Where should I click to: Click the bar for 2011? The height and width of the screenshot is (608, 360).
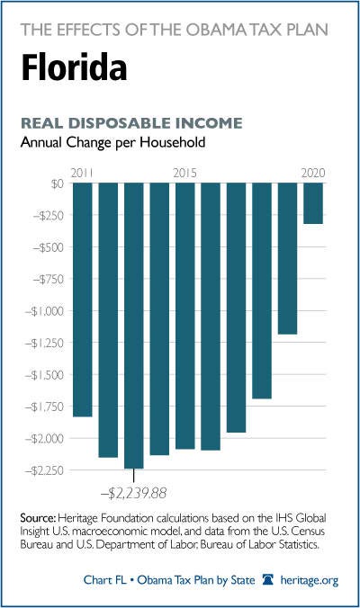(x=83, y=300)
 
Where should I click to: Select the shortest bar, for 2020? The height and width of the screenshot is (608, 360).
(x=313, y=203)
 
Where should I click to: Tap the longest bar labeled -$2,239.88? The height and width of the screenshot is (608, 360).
(x=134, y=326)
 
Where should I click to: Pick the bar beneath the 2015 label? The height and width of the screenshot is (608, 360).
(x=185, y=316)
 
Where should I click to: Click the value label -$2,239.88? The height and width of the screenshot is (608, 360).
(x=133, y=493)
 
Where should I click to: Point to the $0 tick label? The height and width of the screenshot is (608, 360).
(x=57, y=183)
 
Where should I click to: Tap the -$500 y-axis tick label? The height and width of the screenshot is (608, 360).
(x=48, y=247)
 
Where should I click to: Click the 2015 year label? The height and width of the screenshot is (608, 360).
(x=185, y=173)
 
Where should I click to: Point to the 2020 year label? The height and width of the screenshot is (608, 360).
(x=313, y=173)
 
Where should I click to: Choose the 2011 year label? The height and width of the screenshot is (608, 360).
(x=82, y=173)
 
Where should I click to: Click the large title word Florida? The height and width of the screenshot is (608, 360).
(x=74, y=67)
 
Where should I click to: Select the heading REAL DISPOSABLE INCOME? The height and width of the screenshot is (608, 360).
(x=131, y=123)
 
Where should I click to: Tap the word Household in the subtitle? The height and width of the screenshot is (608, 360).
(x=173, y=142)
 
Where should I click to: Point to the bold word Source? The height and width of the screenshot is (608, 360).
(x=39, y=518)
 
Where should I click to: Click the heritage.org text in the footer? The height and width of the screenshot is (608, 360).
(x=310, y=580)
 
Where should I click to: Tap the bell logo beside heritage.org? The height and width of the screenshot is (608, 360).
(x=268, y=579)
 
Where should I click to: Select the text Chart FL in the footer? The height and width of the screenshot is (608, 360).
(x=104, y=580)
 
